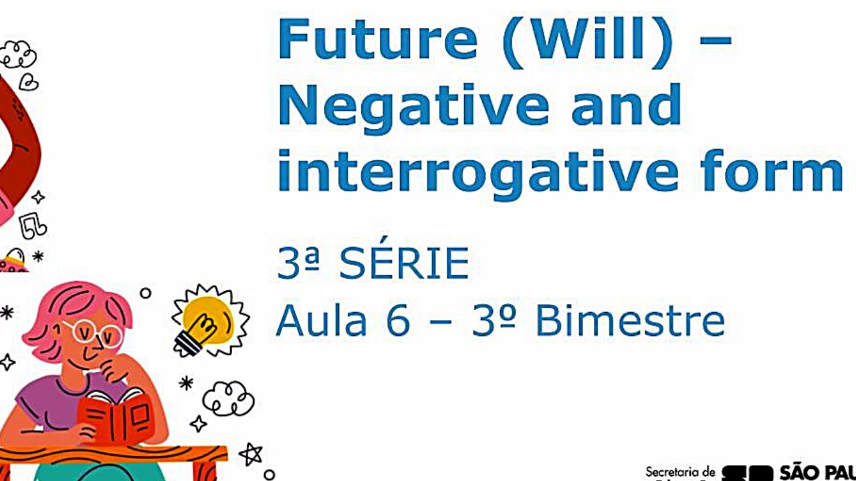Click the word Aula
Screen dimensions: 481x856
click(321, 321)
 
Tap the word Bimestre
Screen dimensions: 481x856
click(629, 321)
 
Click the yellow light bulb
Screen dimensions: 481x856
click(207, 320)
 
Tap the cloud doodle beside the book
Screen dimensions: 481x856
click(228, 399)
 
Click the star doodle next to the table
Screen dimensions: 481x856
click(251, 454)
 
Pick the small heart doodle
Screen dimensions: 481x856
click(28, 82)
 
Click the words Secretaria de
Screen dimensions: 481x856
click(679, 472)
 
